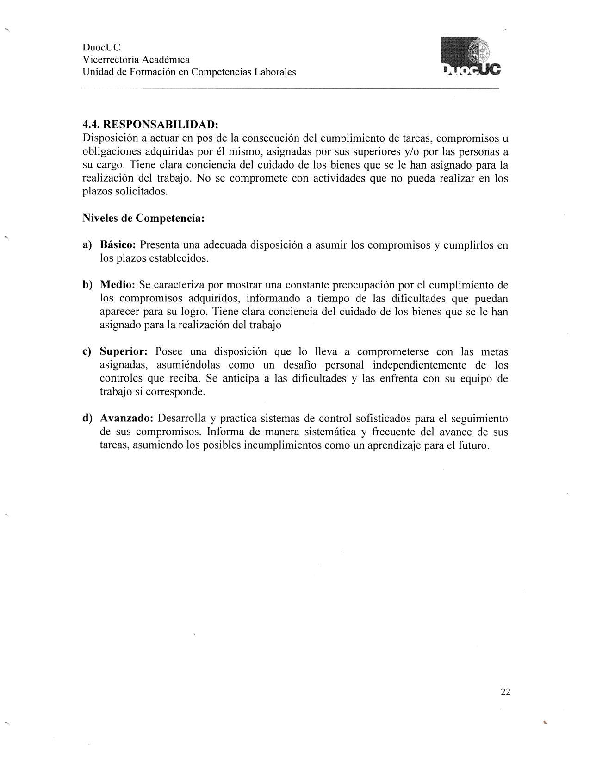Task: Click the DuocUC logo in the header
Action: pyautogui.click(x=471, y=57)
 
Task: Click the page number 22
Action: pyautogui.click(x=505, y=692)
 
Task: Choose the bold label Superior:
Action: pyautogui.click(x=124, y=352)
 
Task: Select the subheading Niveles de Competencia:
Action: pyautogui.click(x=143, y=218)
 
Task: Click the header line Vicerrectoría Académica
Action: pyautogui.click(x=136, y=60)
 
